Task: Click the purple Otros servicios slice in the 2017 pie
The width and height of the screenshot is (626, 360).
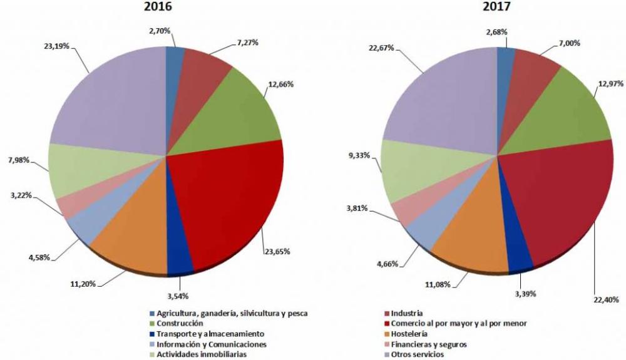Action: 438,100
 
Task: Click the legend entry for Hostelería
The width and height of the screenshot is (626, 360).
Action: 411,334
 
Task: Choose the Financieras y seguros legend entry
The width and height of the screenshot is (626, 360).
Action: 428,344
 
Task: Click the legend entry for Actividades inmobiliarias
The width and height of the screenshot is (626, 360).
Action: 202,354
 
